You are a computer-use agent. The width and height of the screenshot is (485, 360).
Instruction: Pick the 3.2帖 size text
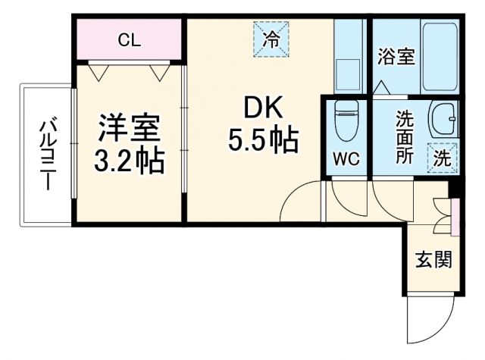129,161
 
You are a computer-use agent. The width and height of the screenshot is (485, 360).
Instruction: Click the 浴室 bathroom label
396,57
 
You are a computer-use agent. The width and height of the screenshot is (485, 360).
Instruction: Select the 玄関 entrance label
433,260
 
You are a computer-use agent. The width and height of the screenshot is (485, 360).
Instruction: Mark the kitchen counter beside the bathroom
349,57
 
